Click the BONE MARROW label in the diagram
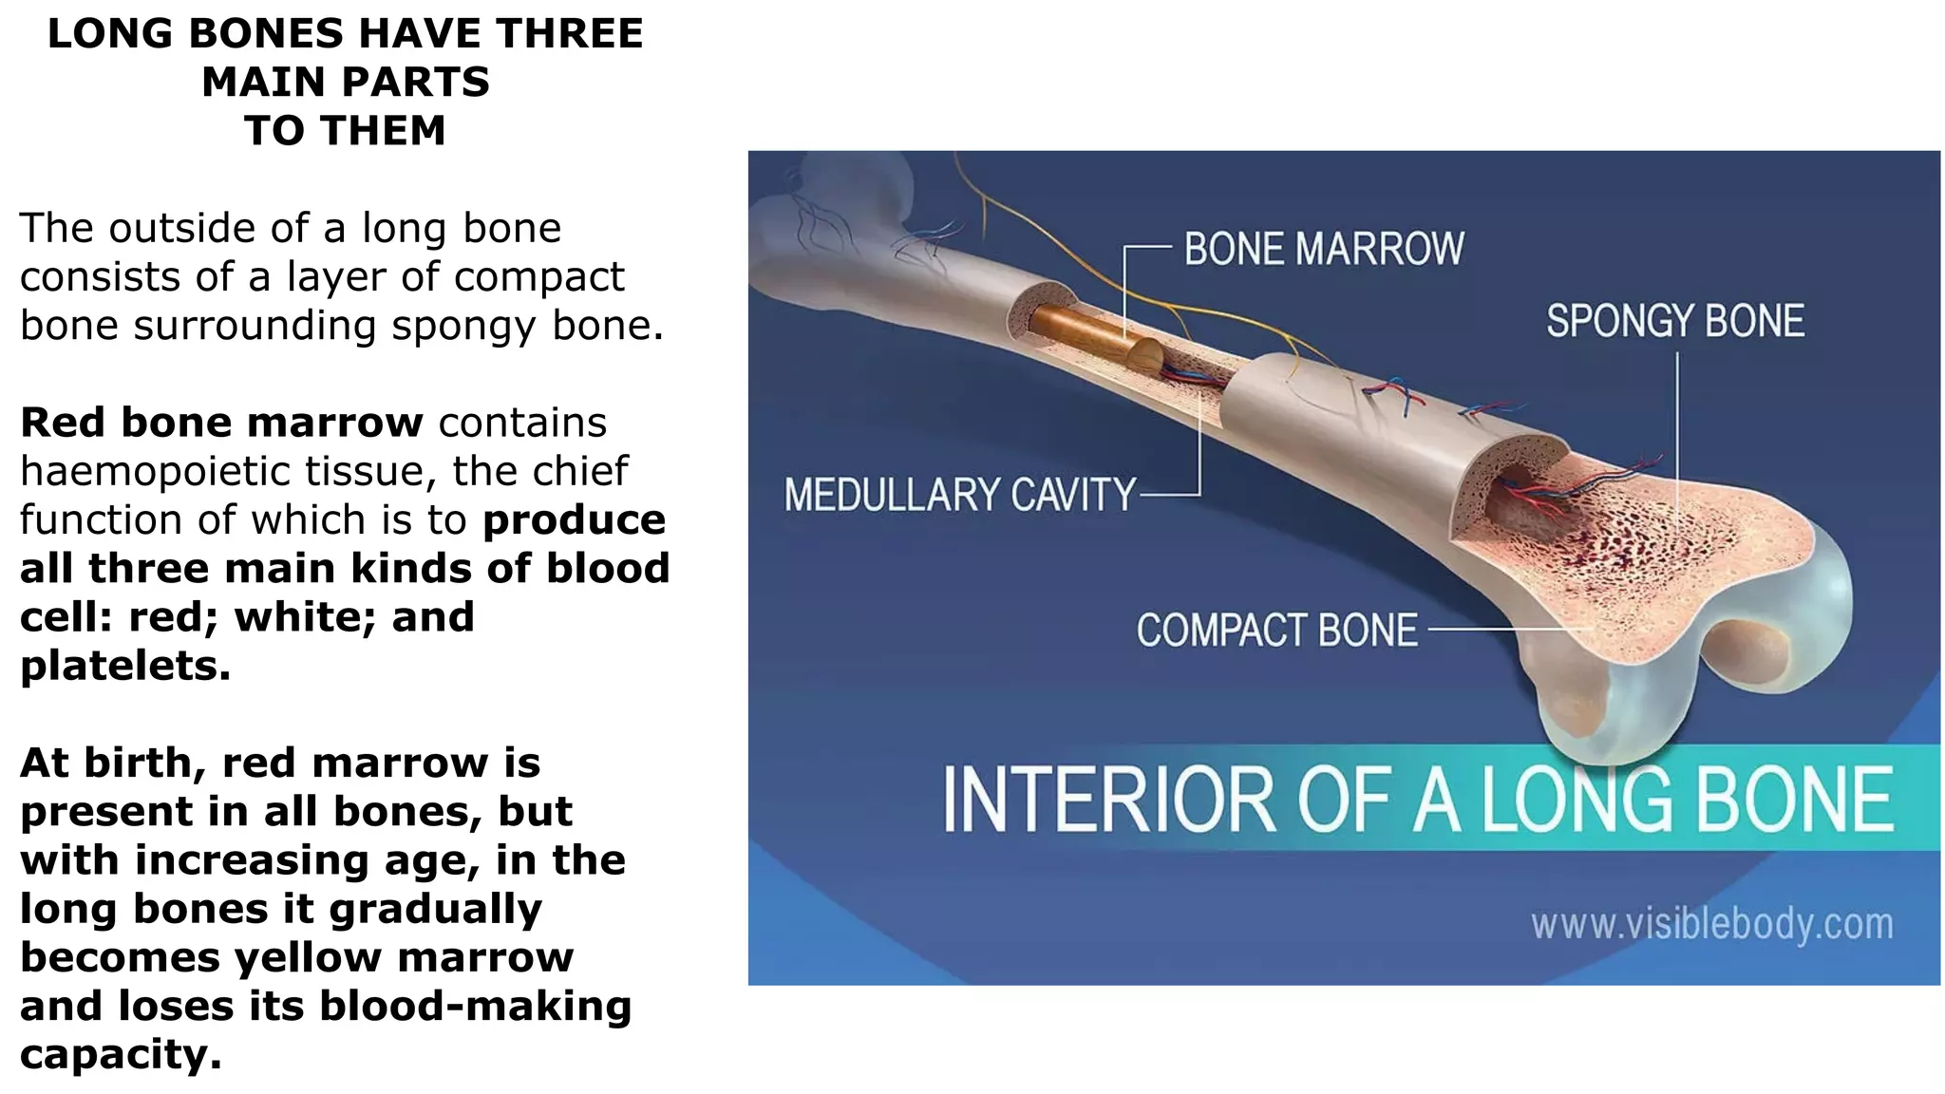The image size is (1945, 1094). click(1324, 249)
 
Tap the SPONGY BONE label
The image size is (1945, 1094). click(1675, 321)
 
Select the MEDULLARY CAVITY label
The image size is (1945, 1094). click(959, 495)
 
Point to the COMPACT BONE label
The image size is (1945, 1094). click(1276, 631)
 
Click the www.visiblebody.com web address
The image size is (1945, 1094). click(1711, 924)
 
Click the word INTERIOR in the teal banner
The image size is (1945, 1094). click(1107, 800)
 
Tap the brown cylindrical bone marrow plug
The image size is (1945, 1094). click(1092, 334)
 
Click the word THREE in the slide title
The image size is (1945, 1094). click(569, 34)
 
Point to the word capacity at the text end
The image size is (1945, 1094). click(121, 1055)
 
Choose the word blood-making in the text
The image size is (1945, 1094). click(476, 1006)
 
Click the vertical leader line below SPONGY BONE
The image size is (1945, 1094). click(1677, 437)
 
